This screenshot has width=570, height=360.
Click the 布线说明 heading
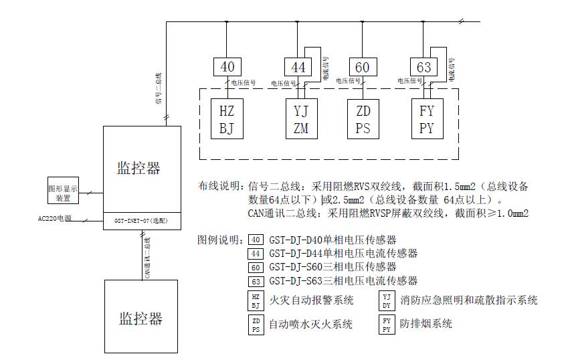click(220, 185)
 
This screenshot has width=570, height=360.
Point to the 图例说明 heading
click(220, 239)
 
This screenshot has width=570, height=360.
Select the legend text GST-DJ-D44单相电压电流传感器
click(343, 253)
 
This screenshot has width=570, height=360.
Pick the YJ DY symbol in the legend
click(387, 300)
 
